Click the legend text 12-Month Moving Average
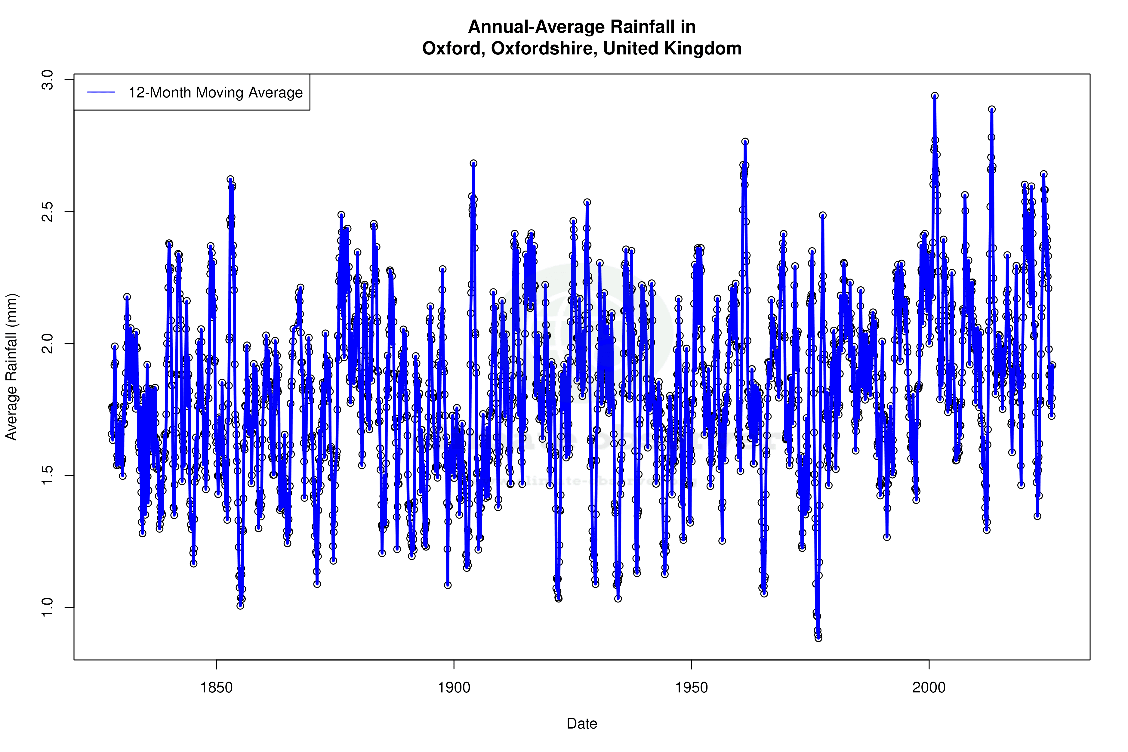click(x=215, y=93)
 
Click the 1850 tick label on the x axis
click(x=216, y=687)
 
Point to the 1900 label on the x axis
click(x=454, y=687)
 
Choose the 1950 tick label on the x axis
click(x=691, y=687)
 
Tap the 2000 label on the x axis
click(x=929, y=687)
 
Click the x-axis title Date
click(x=582, y=723)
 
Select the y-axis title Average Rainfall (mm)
click(x=11, y=367)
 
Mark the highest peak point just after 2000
click(x=935, y=96)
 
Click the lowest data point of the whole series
click(x=818, y=638)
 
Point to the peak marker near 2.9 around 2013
click(x=992, y=109)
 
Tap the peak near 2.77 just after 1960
click(x=745, y=141)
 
